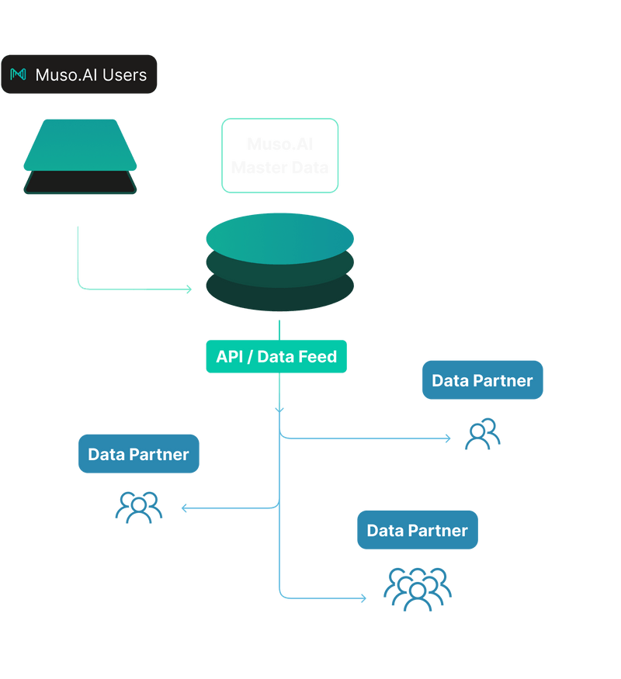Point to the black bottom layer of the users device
[x=80, y=185]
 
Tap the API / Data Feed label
[x=276, y=356]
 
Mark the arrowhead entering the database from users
[x=187, y=289]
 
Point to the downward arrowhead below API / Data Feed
[x=279, y=408]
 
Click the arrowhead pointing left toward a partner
[x=185, y=508]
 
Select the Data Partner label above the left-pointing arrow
[x=139, y=454]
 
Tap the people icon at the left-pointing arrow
[x=139, y=507]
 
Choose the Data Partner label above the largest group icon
[x=418, y=530]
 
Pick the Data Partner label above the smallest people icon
[x=482, y=380]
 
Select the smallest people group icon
[x=482, y=434]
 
